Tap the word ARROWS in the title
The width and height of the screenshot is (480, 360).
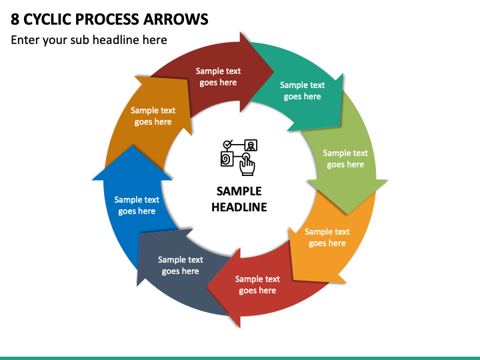[x=176, y=19]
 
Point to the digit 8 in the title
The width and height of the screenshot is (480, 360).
[x=15, y=19]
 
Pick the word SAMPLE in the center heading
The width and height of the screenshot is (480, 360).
[x=239, y=191]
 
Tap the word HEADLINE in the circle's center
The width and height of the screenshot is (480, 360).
[x=239, y=207]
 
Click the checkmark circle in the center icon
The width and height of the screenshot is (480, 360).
[x=227, y=143]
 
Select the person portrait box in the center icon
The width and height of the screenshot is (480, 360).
[x=251, y=145]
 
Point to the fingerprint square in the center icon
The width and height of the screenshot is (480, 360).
[x=227, y=159]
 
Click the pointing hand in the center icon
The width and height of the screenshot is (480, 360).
[x=247, y=165]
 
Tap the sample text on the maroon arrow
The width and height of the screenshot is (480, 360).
[x=218, y=77]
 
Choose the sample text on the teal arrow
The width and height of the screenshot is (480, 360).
[x=303, y=91]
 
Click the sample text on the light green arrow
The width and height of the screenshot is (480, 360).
[x=345, y=159]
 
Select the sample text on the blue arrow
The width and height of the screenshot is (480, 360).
[x=137, y=205]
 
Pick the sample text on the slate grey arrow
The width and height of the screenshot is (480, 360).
[x=181, y=265]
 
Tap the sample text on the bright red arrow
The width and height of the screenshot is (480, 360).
[x=257, y=285]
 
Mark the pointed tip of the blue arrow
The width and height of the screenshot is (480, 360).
[x=132, y=146]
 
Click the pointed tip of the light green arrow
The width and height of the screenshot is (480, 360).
[x=348, y=214]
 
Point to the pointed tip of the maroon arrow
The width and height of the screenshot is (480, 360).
[x=274, y=72]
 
